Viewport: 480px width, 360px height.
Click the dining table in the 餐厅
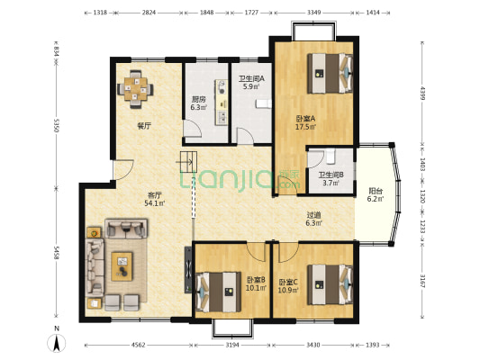click(x=136, y=89)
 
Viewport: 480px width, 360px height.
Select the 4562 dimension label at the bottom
click(x=139, y=345)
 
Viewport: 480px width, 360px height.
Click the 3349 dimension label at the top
click(x=314, y=13)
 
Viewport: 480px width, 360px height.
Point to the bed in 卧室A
click(x=330, y=74)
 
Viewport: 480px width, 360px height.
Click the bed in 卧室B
click(x=218, y=292)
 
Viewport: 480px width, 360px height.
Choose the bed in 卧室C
click(x=330, y=284)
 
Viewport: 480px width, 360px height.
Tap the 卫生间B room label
click(x=331, y=175)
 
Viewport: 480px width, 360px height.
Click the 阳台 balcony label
click(x=376, y=191)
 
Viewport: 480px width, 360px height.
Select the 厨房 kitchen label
click(x=198, y=99)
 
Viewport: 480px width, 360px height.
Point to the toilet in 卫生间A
click(x=263, y=104)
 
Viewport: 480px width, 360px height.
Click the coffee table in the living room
click(x=122, y=266)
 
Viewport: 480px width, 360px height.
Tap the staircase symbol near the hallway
click(x=188, y=162)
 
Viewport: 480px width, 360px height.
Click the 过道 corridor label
click(x=314, y=215)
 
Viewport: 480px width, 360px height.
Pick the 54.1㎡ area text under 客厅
click(x=155, y=202)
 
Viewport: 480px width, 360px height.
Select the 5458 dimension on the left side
click(x=56, y=253)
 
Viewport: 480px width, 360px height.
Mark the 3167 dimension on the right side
click(x=422, y=281)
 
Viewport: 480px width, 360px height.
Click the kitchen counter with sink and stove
click(x=222, y=103)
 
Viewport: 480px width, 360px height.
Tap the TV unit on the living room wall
click(x=188, y=270)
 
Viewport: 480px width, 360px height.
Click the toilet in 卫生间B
click(x=331, y=157)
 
